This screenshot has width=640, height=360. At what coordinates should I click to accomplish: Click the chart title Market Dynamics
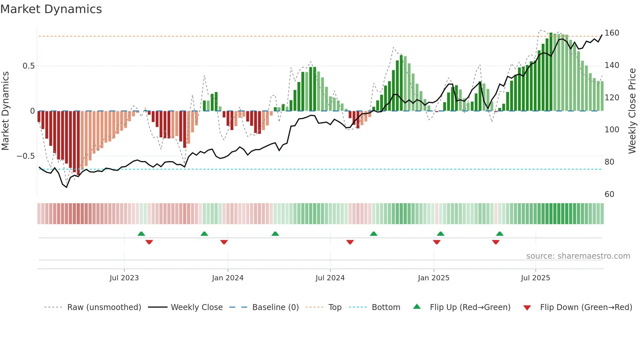[x=51, y=9]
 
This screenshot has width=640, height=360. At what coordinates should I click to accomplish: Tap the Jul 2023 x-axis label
[x=124, y=278]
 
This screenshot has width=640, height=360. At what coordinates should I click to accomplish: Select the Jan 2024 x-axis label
[x=228, y=278]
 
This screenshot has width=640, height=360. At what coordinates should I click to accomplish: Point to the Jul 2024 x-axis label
[x=330, y=278]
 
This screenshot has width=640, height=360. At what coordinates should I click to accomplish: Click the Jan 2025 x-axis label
[x=434, y=278]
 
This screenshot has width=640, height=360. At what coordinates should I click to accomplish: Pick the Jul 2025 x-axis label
[x=536, y=278]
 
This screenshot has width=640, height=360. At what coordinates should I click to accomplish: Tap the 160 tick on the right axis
[x=612, y=33]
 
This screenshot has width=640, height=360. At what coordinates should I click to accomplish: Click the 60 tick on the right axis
[x=609, y=194]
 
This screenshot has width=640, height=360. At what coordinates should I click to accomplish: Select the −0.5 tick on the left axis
[x=26, y=156]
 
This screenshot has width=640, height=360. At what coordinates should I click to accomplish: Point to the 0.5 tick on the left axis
[x=28, y=66]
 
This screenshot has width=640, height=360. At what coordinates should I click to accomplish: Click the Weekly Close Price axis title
[x=632, y=111]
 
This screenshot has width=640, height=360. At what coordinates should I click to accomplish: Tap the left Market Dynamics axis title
[x=5, y=111]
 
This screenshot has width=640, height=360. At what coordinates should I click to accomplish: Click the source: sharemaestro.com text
[x=578, y=256]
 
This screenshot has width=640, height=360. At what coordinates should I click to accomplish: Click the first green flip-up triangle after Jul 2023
[x=141, y=234]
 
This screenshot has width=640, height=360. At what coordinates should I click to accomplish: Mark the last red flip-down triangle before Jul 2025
[x=496, y=242]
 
